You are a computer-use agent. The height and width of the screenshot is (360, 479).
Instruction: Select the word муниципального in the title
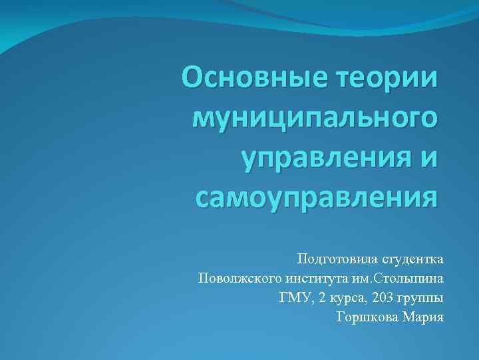tap(316, 119)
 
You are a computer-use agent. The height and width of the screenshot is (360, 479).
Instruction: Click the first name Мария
tap(424, 317)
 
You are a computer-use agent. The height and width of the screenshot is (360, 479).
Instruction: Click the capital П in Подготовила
tap(303, 257)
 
